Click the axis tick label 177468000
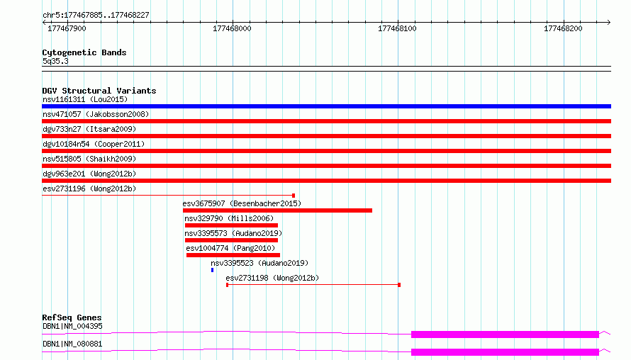pos(232,28)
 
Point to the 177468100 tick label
pos(397,28)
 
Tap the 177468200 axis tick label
pos(563,28)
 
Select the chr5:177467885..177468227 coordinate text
pos(96,15)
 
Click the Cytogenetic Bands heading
pos(84,52)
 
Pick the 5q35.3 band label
pos(55,61)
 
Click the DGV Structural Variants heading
pos(99,91)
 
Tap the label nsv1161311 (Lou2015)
pos(85,99)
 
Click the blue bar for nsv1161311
pos(326,106)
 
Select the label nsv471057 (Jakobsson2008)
pos(96,114)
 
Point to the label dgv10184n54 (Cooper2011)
pos(94,144)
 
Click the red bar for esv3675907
pos(277,210)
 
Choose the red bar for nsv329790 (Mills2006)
pos(231,225)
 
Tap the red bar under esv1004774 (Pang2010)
pos(233,255)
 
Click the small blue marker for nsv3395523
pos(212,270)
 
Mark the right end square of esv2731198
pos(399,285)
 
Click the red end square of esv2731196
pos(294,196)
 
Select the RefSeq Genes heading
pos(72,317)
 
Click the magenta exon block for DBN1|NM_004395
pos(505,334)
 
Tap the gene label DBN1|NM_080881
pos(72,344)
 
